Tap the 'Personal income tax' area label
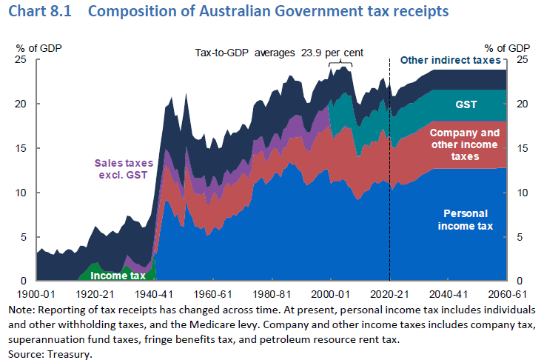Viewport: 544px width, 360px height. [467, 219]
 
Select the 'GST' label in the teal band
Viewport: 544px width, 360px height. [466, 104]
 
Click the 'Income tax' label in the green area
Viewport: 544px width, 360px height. [118, 275]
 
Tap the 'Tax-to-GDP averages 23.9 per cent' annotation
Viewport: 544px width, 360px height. [284, 53]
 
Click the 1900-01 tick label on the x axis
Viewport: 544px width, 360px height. [35, 293]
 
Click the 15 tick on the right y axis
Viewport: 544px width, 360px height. [523, 148]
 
